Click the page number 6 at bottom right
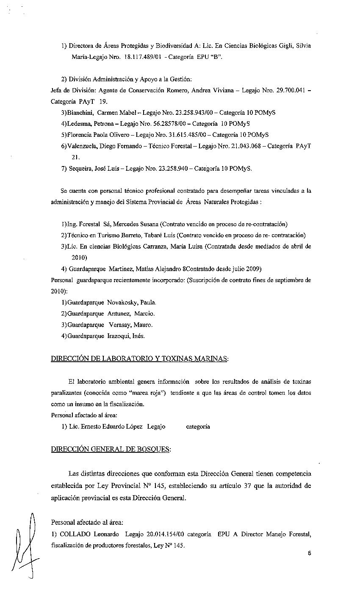pyautogui.click(x=310, y=553)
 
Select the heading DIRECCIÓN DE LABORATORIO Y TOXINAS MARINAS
pyautogui.click(x=140, y=358)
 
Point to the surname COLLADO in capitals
pyautogui.click(x=74, y=535)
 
